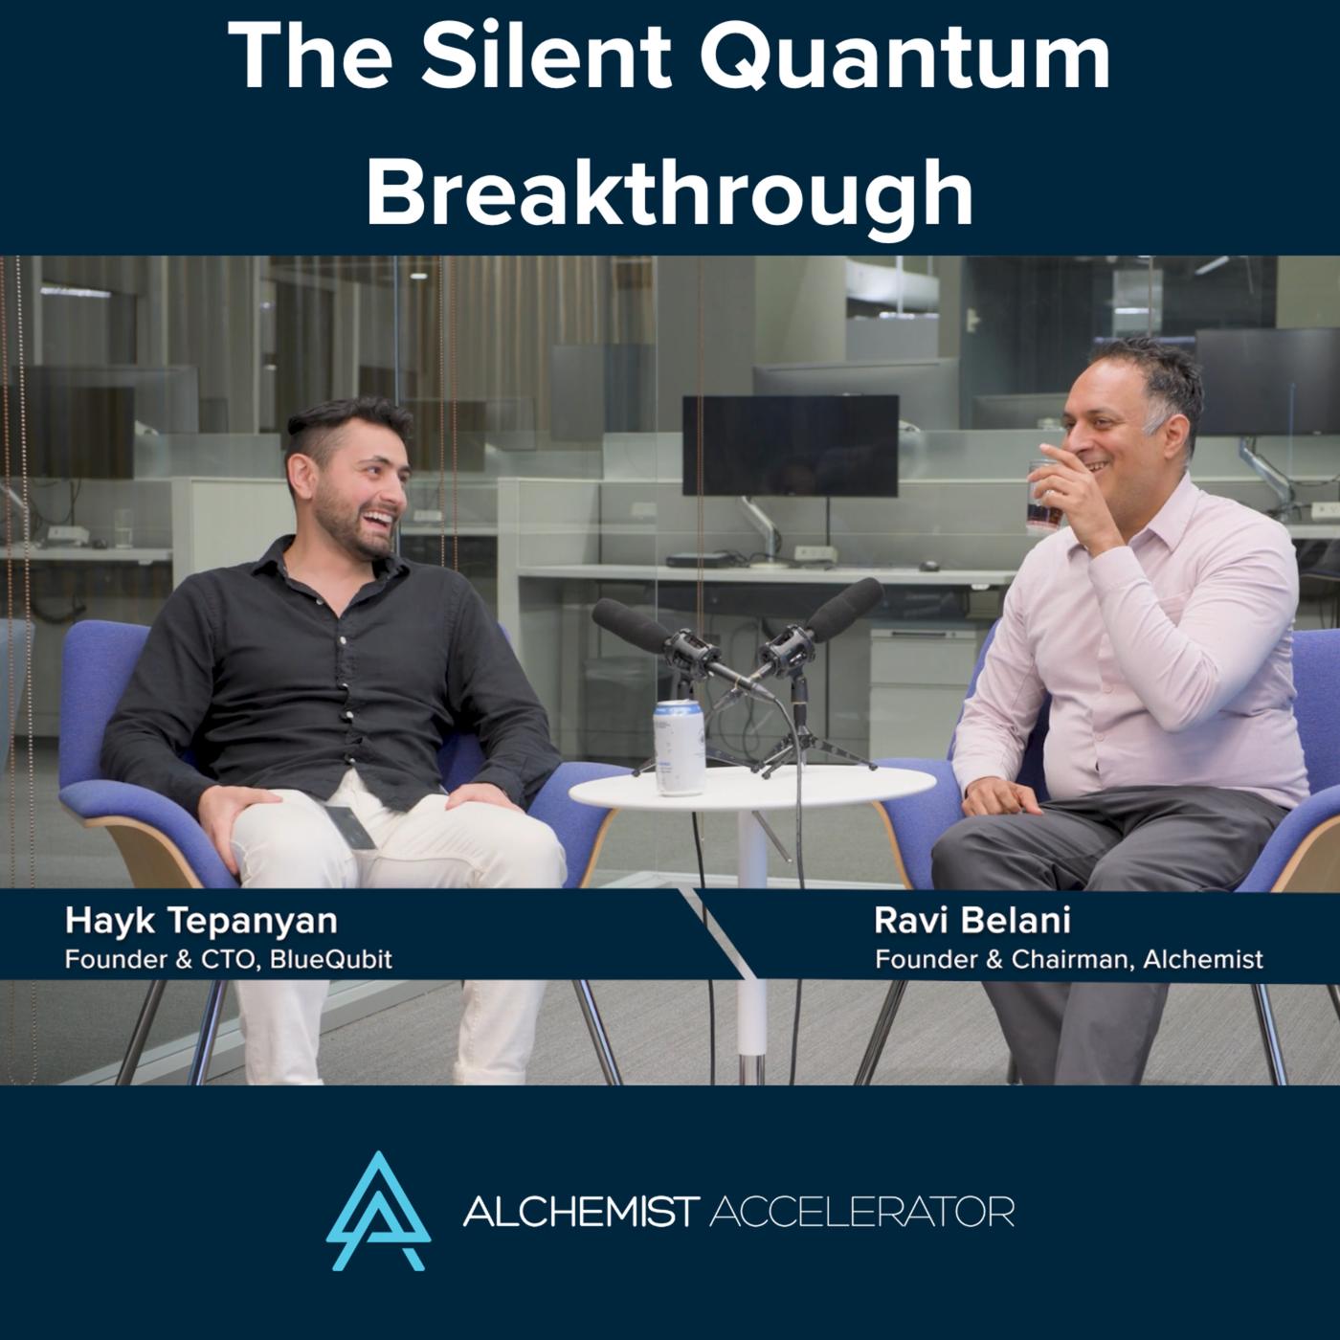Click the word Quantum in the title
[x=904, y=58]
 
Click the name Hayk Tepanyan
[x=201, y=923]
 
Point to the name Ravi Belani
[x=972, y=921]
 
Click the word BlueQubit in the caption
[x=330, y=960]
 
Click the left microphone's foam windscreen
[x=631, y=625]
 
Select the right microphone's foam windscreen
[x=845, y=609]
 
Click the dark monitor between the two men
[x=791, y=446]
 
